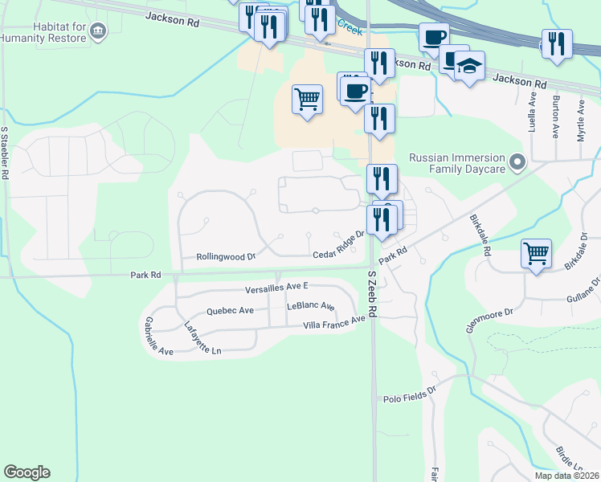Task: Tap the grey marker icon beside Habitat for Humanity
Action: click(x=98, y=31)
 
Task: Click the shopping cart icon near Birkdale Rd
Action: click(x=536, y=253)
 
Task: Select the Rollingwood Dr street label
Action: click(x=226, y=257)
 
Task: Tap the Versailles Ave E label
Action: click(x=277, y=287)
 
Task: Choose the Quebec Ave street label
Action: click(x=230, y=310)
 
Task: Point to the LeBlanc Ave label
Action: click(x=310, y=307)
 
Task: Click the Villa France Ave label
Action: click(x=334, y=322)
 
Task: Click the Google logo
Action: click(x=27, y=472)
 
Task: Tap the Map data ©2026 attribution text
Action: click(x=566, y=476)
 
